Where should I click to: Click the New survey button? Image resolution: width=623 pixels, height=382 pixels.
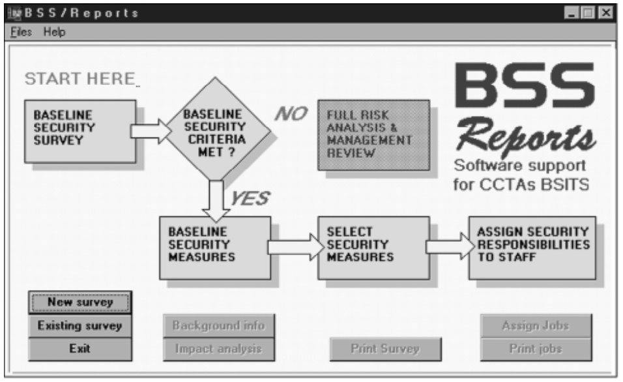(80, 302)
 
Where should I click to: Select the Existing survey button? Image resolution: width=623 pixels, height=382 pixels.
(80, 325)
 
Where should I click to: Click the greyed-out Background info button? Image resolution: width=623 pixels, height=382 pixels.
(218, 325)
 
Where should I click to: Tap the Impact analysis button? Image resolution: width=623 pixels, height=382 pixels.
(218, 349)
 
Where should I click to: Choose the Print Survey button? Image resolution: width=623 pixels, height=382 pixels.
(385, 349)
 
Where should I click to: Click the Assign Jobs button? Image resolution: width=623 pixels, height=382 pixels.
(536, 325)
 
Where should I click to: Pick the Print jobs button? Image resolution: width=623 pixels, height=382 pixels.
(536, 349)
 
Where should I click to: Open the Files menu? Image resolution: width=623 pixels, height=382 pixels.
(21, 32)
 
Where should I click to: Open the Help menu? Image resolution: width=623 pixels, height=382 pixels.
(55, 32)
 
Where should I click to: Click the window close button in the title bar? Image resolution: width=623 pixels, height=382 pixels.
(606, 12)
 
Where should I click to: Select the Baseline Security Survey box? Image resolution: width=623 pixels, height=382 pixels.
(80, 130)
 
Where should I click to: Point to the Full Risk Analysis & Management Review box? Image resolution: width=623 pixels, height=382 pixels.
(373, 134)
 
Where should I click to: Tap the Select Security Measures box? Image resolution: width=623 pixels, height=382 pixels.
(373, 247)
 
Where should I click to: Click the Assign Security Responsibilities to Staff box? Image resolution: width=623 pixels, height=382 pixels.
(532, 247)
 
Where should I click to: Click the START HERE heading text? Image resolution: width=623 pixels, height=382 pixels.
(80, 80)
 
